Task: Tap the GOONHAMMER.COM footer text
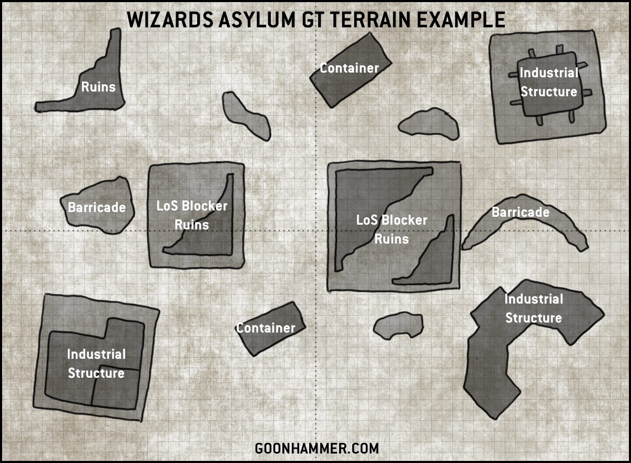(x=317, y=448)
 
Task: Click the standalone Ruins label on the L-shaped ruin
(x=98, y=86)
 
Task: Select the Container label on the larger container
(x=349, y=68)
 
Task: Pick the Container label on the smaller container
(x=266, y=328)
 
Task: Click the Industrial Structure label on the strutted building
(x=548, y=82)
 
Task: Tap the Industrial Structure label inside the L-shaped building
(x=96, y=364)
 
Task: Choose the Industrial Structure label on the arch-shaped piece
(x=534, y=308)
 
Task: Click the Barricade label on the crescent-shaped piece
(x=521, y=212)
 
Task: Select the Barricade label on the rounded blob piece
(x=97, y=207)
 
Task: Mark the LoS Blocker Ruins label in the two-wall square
(x=392, y=229)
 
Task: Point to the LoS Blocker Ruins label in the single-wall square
(x=192, y=215)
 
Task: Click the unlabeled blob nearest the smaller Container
(x=398, y=325)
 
